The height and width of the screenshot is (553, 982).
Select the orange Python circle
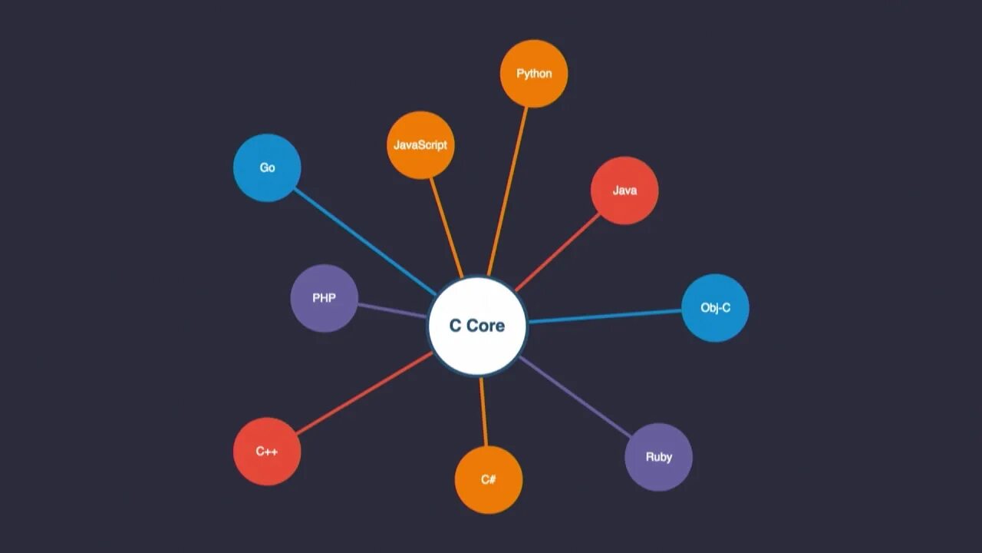[x=534, y=74]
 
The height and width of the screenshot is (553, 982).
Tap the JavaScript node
[x=420, y=145]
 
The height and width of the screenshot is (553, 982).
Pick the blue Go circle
[x=267, y=167]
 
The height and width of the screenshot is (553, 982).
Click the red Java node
[x=624, y=190]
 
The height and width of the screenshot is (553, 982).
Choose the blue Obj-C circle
[x=715, y=308]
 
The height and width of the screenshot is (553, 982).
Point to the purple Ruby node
[x=659, y=457]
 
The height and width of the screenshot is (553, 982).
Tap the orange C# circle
[x=489, y=480]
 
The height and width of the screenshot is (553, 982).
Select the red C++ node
[x=267, y=452]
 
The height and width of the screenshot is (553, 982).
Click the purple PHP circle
[x=324, y=298]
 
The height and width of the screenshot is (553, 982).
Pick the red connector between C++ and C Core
[x=365, y=393]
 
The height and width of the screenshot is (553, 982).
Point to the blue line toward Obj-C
[x=606, y=316]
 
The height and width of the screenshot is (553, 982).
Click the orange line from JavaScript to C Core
[x=447, y=227]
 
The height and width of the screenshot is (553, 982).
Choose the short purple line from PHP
[x=391, y=310]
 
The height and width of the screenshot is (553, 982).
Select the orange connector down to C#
[x=483, y=411]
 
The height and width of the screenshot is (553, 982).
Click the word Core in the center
[x=486, y=326]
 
